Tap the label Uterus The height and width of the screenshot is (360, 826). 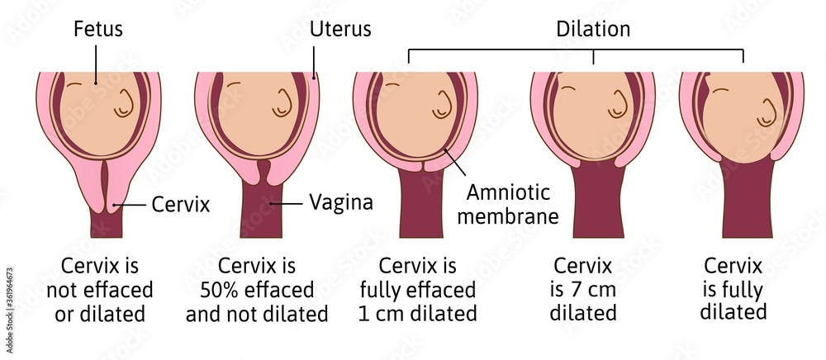pos(339,30)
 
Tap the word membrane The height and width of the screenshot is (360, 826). pos(512,216)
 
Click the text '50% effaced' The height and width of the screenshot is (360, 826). pos(257,291)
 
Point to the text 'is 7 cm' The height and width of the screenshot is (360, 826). pos(583,290)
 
